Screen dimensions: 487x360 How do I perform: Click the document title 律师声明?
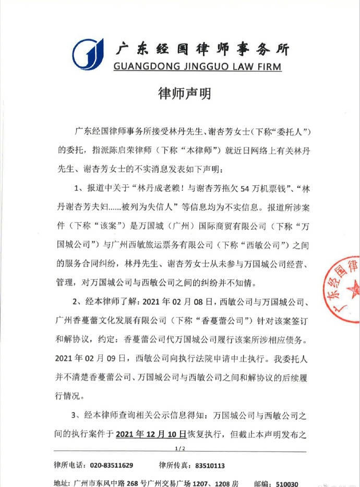(x=179, y=94)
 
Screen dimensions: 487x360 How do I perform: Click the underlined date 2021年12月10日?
(x=149, y=433)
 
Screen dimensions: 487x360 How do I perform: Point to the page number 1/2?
(x=179, y=448)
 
